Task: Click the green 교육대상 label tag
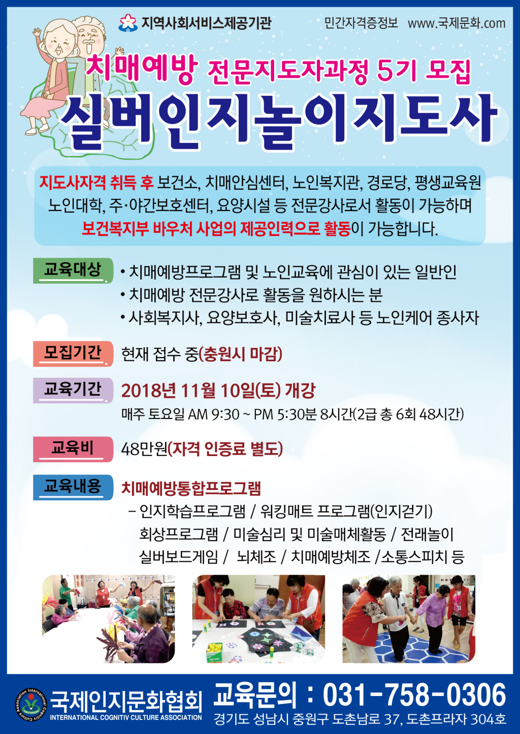73,270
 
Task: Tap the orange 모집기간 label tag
73,354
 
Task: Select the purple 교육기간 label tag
73,390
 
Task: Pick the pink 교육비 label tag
73,449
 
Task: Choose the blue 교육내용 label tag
73,487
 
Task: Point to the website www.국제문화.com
457,23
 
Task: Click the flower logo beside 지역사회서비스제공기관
128,23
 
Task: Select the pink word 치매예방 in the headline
142,67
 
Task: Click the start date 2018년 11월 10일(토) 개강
218,390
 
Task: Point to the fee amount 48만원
144,449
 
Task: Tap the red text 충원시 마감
241,354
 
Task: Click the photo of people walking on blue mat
409,619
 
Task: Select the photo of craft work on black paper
258,619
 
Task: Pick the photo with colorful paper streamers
108,619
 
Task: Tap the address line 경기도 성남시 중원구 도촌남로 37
307,719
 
